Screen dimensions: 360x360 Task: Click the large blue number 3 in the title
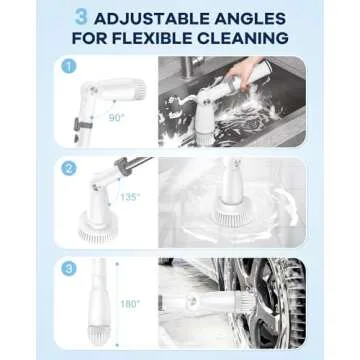click(x=80, y=17)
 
